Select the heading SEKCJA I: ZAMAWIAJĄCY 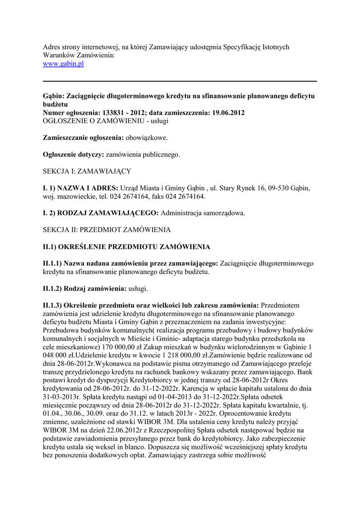point(87,171)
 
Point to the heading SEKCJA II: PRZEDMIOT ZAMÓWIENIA point(107,230)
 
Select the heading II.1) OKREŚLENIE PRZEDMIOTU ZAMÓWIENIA point(127,247)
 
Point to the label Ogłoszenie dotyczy point(73,154)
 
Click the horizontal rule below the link point(180,81)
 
